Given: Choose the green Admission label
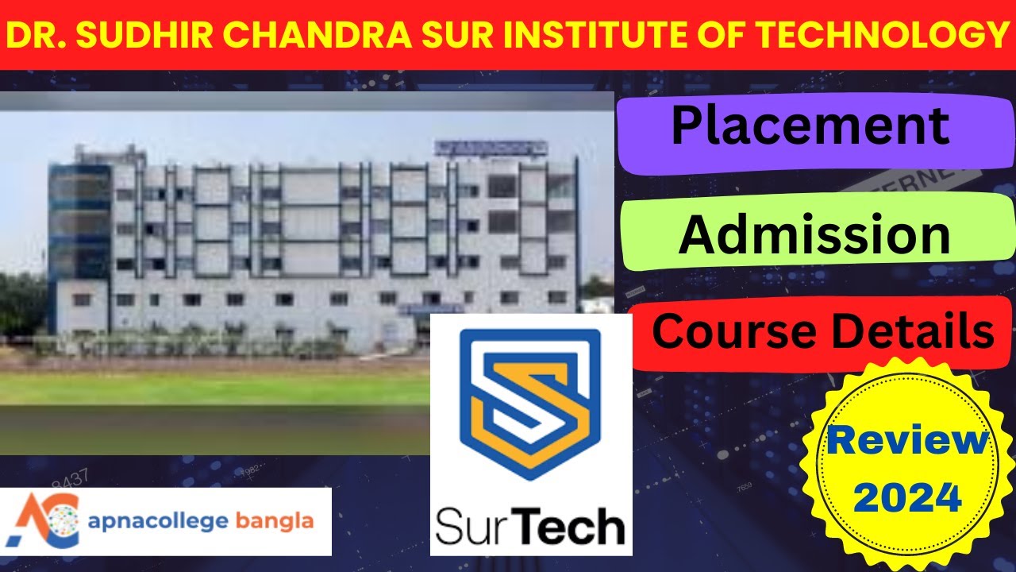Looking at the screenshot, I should tap(814, 234).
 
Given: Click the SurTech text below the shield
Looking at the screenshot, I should tap(530, 525).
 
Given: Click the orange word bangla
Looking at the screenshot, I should tap(275, 522).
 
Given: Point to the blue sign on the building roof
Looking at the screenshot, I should tap(491, 148).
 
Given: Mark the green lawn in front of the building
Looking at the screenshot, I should tap(214, 388).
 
